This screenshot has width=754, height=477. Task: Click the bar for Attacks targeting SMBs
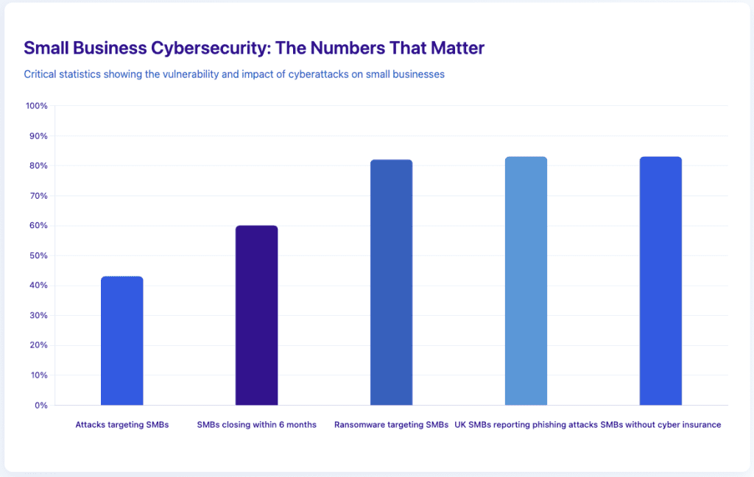(x=121, y=341)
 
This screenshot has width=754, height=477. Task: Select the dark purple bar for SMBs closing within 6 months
(x=256, y=315)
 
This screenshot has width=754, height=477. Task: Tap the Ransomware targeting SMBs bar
(x=391, y=283)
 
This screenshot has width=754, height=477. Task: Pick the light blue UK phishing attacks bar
(x=526, y=281)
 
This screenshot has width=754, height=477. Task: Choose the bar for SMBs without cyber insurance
(x=660, y=281)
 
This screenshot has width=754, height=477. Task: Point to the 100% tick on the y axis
(x=36, y=106)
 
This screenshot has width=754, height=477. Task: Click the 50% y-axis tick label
(x=38, y=255)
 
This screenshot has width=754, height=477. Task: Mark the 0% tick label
(x=41, y=405)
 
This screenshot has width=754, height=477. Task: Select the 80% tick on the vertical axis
(x=38, y=166)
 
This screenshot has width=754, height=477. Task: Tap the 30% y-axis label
(x=38, y=315)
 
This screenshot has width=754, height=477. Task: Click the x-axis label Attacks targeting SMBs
(x=121, y=425)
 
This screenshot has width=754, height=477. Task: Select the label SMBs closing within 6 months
(x=256, y=425)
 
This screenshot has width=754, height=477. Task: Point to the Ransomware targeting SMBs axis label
(x=391, y=425)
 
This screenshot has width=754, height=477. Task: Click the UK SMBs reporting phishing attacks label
(x=526, y=425)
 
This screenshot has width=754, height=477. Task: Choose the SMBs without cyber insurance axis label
(x=660, y=425)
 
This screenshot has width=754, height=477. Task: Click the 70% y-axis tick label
(x=38, y=196)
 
